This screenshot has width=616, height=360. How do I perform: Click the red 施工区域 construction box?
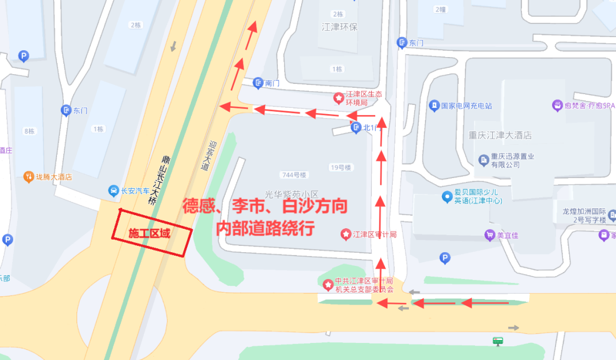pyautogui.click(x=151, y=233)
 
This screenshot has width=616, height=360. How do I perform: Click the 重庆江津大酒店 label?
pyautogui.click(x=500, y=135)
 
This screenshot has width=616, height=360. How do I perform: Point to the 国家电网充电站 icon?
pyautogui.click(x=434, y=106)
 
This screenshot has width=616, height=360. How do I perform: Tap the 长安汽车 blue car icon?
pyautogui.click(x=114, y=191)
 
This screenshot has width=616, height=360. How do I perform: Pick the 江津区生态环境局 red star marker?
pyautogui.click(x=339, y=98)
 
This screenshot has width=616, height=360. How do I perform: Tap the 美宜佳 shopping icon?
pyautogui.click(x=489, y=234)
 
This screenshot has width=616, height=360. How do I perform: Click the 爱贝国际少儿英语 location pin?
pyautogui.click(x=448, y=197)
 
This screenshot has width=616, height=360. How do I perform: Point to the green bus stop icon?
pyautogui.click(x=499, y=341)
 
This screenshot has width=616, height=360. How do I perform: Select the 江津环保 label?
pyautogui.click(x=339, y=27)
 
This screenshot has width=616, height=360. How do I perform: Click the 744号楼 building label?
pyautogui.click(x=294, y=175)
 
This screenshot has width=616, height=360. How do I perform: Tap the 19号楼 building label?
pyautogui.click(x=341, y=167)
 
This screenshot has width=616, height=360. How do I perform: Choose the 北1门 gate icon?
pyautogui.click(x=356, y=127)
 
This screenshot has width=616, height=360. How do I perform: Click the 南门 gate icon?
pyautogui.click(x=258, y=83)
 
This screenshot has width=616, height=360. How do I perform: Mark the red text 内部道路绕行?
pyautogui.click(x=265, y=228)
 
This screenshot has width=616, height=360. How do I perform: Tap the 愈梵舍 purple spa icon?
pyautogui.click(x=557, y=106)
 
